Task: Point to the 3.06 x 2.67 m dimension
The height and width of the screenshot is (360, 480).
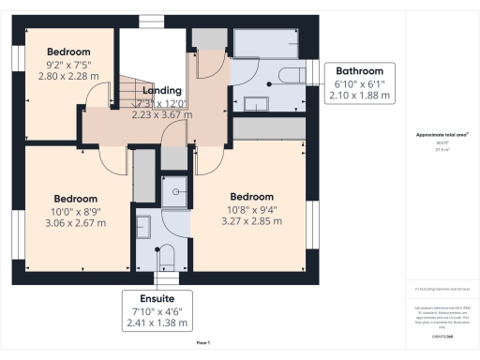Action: (74, 224)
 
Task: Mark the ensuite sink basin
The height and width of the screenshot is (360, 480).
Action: (143, 227)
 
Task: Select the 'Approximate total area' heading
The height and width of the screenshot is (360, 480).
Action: (442, 135)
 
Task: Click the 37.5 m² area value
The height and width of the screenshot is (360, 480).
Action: (442, 148)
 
